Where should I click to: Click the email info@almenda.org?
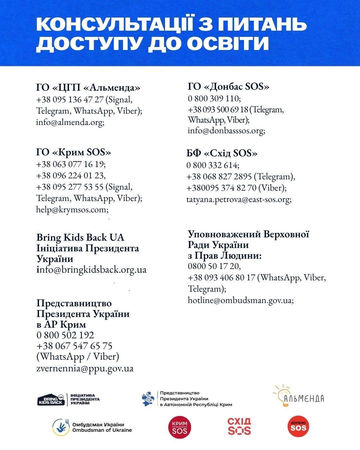click(70, 122)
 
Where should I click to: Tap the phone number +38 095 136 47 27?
click(70, 100)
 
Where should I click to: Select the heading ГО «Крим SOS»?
click(73, 152)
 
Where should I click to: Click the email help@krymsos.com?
click(72, 210)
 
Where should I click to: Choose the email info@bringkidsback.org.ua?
click(91, 269)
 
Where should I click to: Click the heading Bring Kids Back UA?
click(80, 238)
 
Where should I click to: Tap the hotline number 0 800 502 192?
click(65, 335)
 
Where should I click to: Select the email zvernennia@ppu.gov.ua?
click(85, 368)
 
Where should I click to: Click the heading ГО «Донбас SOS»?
click(228, 87)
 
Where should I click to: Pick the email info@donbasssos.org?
click(226, 131)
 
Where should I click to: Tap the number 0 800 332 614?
click(212, 165)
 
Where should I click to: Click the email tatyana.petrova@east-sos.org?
click(239, 199)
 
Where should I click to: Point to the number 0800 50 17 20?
click(214, 266)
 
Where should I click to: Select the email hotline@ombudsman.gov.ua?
click(240, 300)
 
